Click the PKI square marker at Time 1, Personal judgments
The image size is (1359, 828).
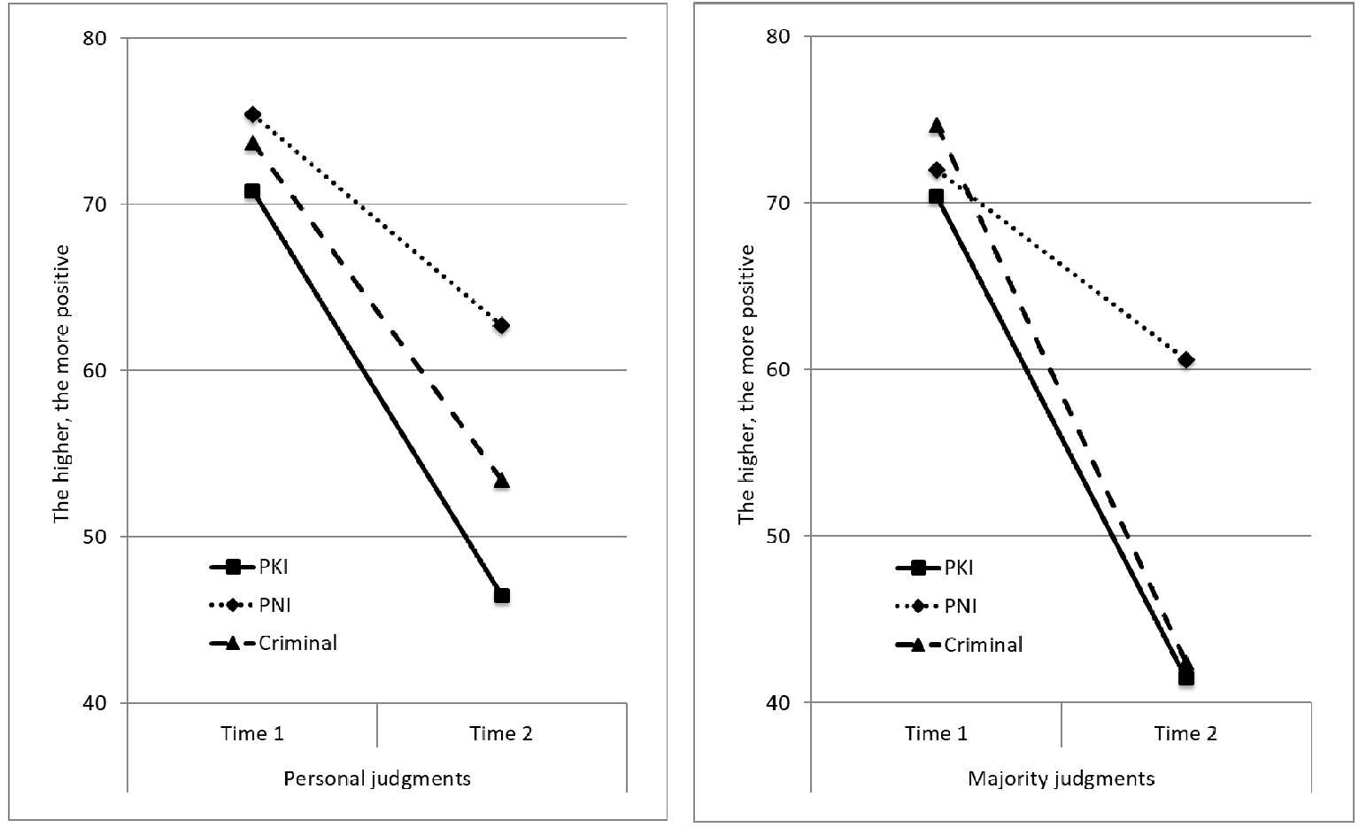(251, 191)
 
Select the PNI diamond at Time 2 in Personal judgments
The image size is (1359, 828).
(501, 326)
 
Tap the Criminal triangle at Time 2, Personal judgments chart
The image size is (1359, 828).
(501, 481)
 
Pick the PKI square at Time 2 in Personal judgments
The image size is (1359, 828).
(501, 595)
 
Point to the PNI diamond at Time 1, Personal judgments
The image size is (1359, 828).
(252, 114)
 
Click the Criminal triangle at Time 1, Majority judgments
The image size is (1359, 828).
(936, 126)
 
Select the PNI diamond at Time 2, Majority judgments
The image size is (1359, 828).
(1186, 360)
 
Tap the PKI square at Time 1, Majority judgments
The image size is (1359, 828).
(936, 197)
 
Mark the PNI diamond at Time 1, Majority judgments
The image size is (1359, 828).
(936, 171)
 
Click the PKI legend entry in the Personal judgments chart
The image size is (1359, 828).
(249, 567)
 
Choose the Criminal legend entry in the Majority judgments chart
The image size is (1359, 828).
(959, 645)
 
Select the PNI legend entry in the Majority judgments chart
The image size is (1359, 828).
(936, 606)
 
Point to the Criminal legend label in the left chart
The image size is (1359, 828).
(297, 643)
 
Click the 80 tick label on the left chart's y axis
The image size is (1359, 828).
(94, 38)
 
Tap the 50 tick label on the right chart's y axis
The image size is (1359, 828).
(778, 536)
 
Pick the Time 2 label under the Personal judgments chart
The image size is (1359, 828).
(501, 733)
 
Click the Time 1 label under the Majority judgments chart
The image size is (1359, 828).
(936, 733)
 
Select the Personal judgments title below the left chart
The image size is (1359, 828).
(377, 778)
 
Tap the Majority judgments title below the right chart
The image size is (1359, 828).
(1062, 778)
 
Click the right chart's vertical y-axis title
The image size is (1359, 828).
(746, 384)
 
